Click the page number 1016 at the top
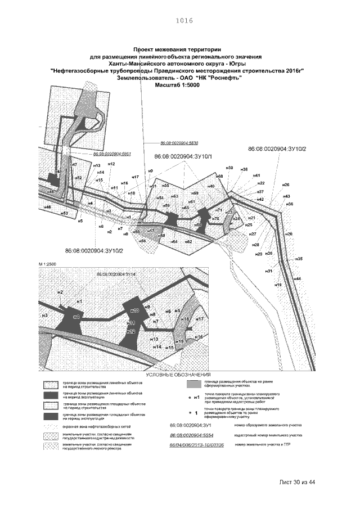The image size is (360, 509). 184,21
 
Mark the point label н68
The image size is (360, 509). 220,176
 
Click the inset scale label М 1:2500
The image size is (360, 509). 49,263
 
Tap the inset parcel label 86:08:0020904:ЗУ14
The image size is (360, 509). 117,273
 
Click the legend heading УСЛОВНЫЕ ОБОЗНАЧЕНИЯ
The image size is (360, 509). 178,374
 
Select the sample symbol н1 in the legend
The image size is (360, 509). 195,398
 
